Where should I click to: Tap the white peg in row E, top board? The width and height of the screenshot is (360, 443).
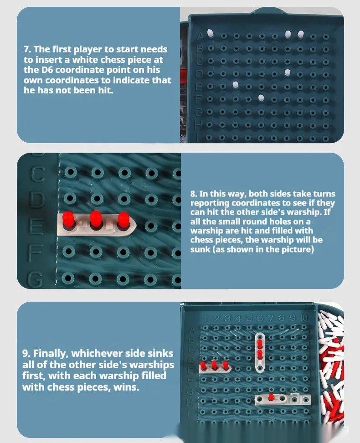236,84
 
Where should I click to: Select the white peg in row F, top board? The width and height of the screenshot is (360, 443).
261,98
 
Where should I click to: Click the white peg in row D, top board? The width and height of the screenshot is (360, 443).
288,72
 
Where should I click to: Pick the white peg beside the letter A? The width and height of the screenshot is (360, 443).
210,33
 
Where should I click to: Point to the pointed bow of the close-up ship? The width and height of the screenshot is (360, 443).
136,225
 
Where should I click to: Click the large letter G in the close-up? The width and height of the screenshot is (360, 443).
36,280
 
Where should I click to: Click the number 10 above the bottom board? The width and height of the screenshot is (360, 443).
304,318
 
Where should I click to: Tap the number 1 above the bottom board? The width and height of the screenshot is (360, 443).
206,319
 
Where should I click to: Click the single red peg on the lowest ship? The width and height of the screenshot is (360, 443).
271,397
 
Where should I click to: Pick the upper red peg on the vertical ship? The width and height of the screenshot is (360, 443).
260,344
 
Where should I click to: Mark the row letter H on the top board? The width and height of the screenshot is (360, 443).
199,124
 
